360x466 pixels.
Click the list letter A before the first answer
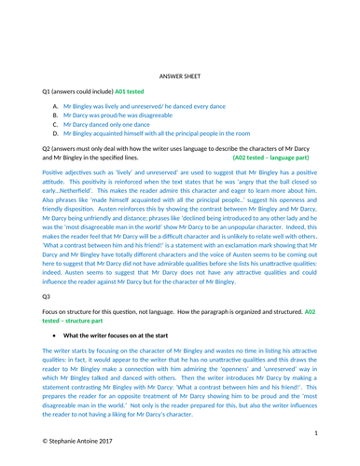(57, 109)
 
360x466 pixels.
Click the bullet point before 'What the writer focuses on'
(59, 333)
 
